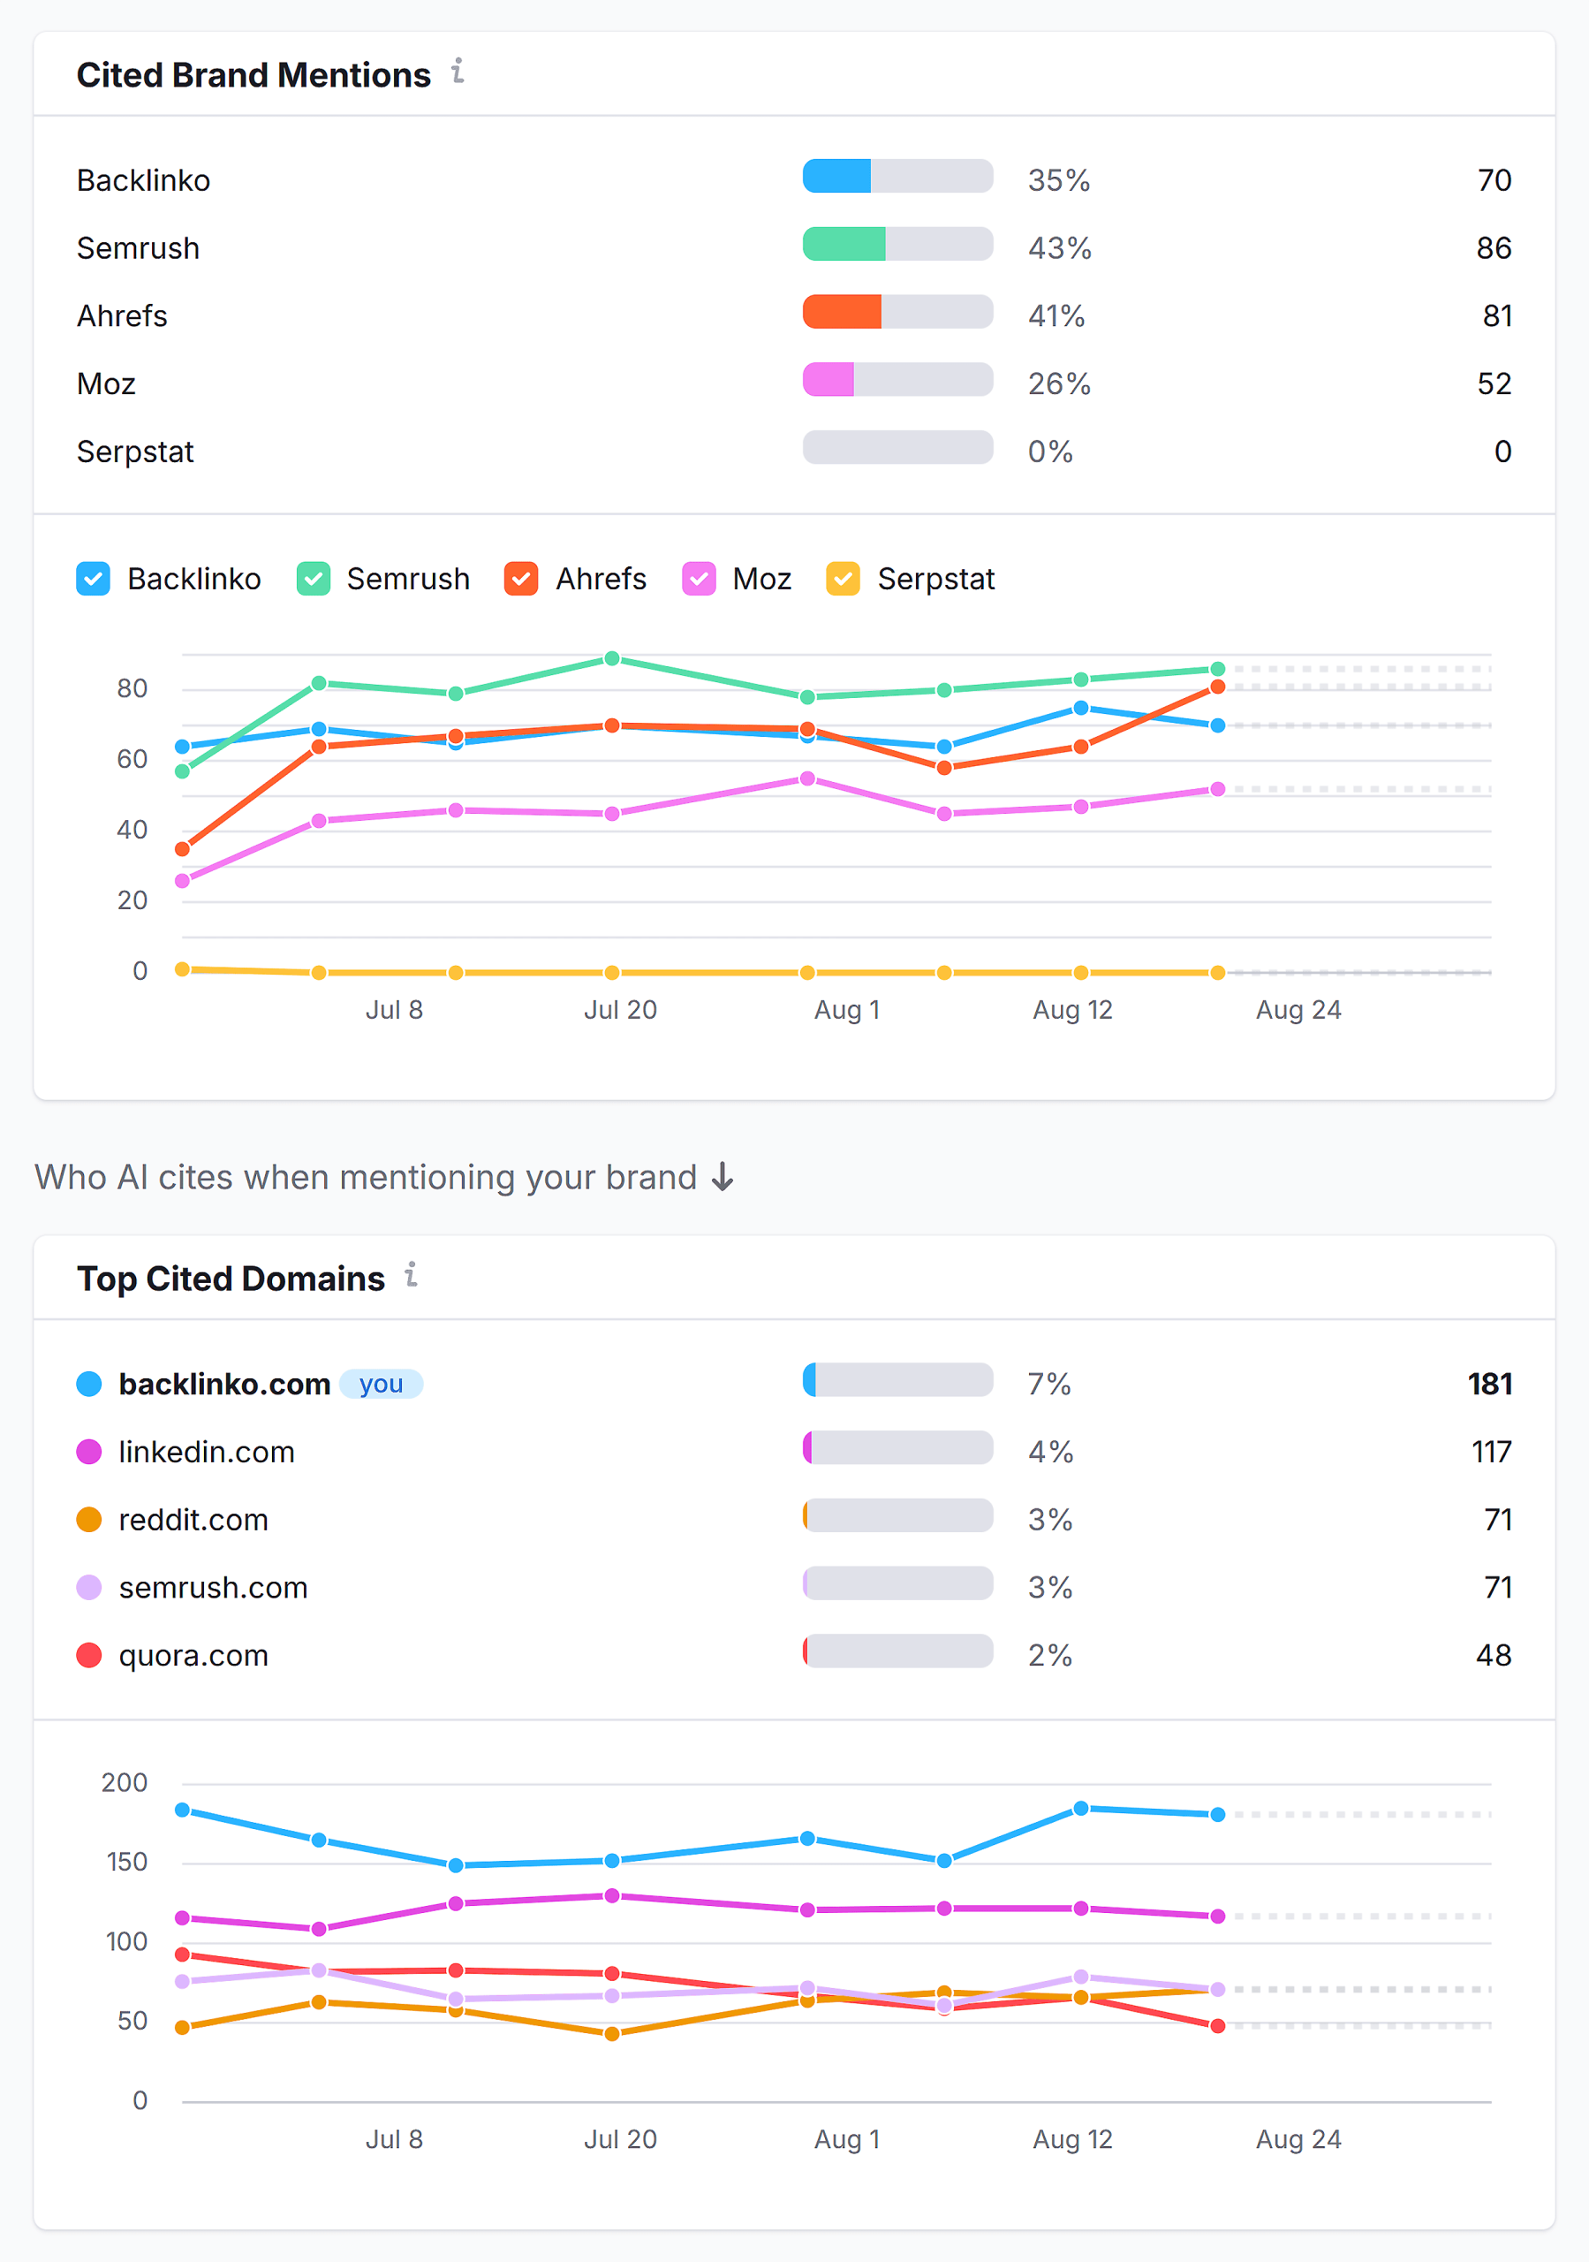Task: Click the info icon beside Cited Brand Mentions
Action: tap(458, 72)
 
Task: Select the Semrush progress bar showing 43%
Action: tap(897, 245)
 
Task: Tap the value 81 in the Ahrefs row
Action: tap(1496, 316)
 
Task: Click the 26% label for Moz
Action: tap(1059, 384)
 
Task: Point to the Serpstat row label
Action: tap(136, 452)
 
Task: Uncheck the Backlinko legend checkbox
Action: tap(94, 580)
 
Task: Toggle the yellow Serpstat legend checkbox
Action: tap(844, 580)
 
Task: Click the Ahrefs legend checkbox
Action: tap(521, 580)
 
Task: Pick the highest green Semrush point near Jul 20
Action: tap(612, 659)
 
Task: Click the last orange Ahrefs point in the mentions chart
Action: tap(1218, 687)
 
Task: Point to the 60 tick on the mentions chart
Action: tap(132, 760)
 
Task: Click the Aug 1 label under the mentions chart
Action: tap(846, 1010)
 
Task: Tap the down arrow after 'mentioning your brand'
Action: tap(723, 1177)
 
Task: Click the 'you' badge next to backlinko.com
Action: tap(382, 1385)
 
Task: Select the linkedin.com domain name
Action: tap(207, 1452)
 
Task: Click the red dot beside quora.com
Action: tap(89, 1655)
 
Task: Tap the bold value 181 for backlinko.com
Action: tap(1489, 1385)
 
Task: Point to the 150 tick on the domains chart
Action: tap(126, 1862)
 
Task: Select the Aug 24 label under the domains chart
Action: tap(1298, 2140)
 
